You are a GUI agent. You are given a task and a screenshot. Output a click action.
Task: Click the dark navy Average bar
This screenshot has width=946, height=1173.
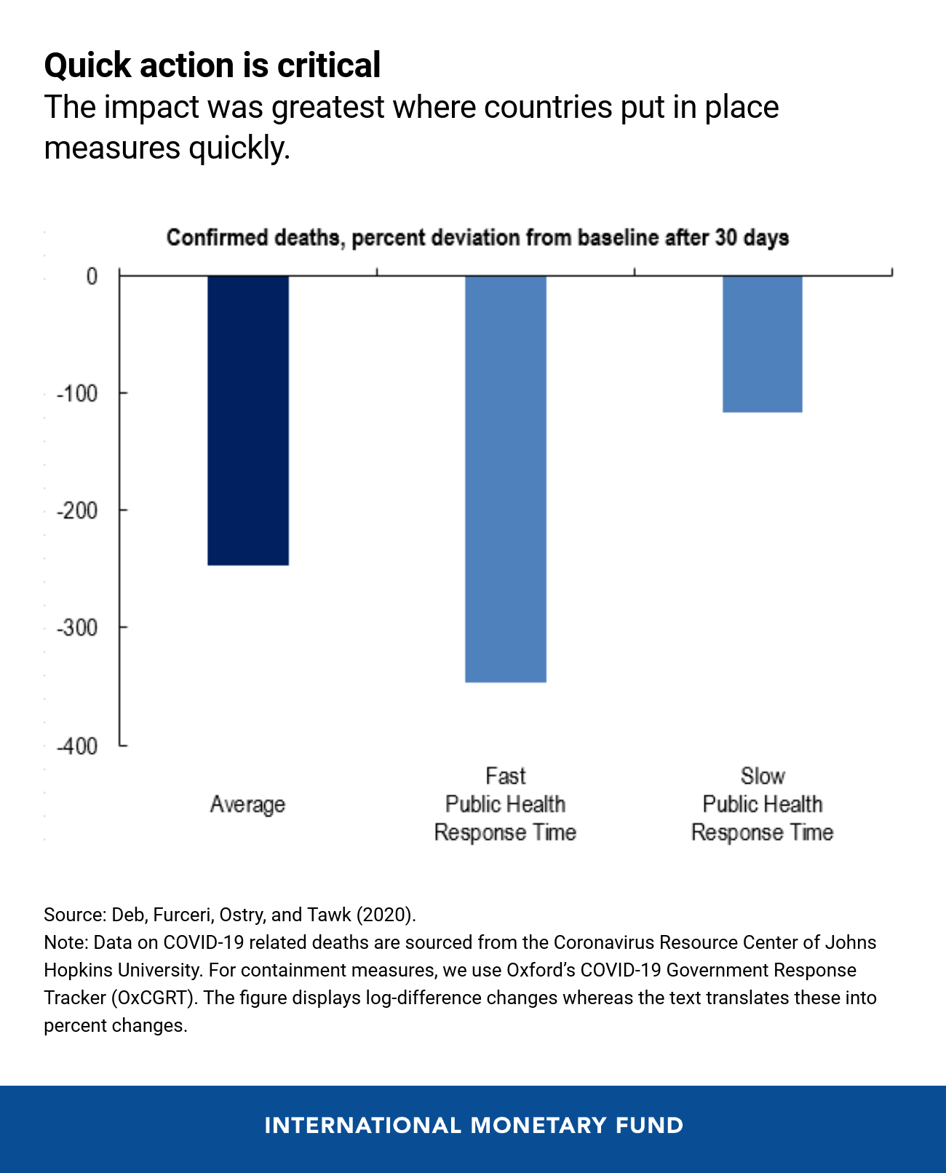pos(248,420)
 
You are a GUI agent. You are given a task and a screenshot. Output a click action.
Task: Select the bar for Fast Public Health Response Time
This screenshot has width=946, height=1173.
pos(506,478)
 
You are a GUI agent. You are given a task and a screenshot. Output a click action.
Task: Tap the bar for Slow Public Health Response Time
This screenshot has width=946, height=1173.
pos(763,343)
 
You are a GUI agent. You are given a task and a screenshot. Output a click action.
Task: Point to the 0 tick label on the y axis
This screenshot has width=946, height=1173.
pos(92,277)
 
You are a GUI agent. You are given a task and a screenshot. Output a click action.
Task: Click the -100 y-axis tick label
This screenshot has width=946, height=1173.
pos(78,394)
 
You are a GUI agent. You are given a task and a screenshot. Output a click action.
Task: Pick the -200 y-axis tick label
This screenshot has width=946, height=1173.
pos(78,511)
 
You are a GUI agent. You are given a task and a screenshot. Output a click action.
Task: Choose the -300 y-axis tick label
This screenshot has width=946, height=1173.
pos(78,628)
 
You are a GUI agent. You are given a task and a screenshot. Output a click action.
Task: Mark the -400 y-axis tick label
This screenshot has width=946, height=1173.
pos(78,746)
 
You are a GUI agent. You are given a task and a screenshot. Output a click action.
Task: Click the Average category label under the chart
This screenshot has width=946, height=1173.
pos(247,804)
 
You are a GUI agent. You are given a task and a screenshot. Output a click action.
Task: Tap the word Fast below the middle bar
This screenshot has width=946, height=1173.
pos(505,776)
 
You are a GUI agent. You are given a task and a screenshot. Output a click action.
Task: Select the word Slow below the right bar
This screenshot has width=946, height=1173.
pos(763,776)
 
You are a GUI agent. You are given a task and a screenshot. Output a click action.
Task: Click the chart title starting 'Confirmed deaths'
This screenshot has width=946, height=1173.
pos(477,238)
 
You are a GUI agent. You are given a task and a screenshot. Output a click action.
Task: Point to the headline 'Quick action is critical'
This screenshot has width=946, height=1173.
pos(212,65)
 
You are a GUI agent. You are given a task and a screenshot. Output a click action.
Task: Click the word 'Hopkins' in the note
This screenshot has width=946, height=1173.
pos(75,970)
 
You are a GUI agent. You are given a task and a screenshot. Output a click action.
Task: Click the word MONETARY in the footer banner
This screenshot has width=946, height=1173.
pos(538,1126)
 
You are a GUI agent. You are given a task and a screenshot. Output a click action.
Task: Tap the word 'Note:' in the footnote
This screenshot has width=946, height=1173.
pos(66,942)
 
